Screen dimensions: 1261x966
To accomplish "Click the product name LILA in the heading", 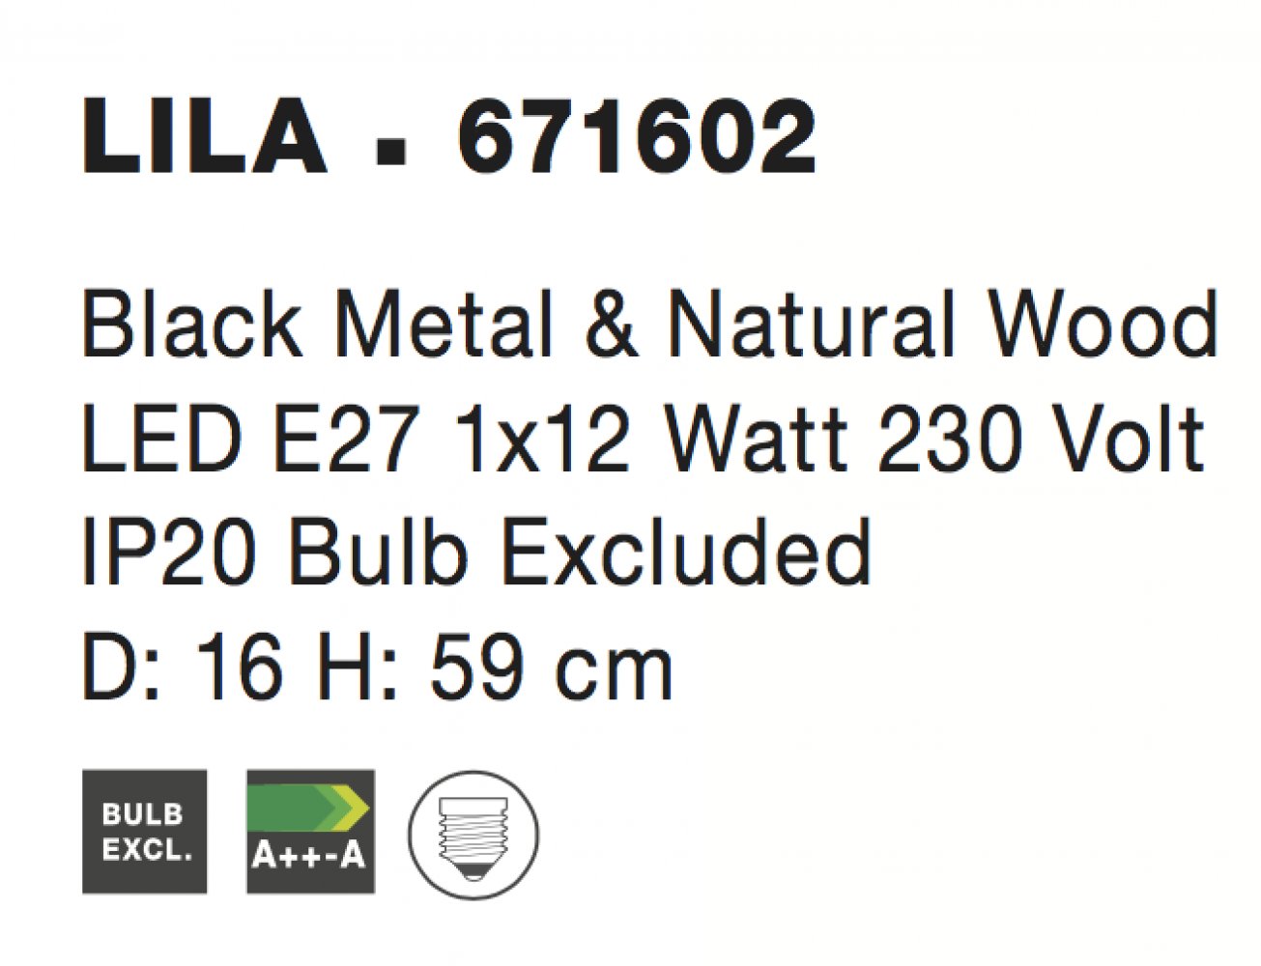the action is coord(205,136).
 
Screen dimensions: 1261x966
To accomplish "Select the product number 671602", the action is coord(637,136).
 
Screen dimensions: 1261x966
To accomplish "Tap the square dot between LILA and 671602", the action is coord(390,156).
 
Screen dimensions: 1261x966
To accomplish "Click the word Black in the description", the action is coord(192,323).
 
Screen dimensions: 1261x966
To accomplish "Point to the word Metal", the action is coord(443,323).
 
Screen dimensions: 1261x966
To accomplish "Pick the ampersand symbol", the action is coord(612,323).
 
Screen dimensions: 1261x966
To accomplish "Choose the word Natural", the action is coord(810,323).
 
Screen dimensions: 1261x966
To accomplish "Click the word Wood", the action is coord(1103,323).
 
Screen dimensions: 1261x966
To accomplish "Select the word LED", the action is coord(162,437).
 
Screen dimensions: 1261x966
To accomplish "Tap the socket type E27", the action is coord(347,437).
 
